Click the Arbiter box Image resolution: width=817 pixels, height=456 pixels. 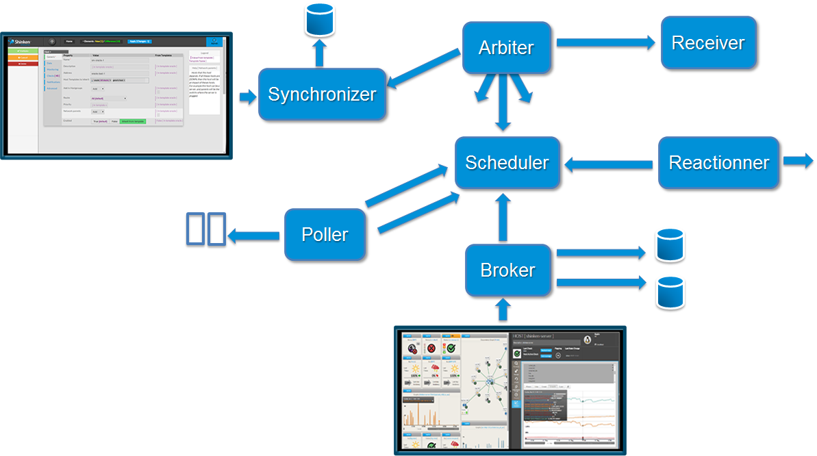[506, 48]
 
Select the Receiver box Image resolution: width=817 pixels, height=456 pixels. [708, 42]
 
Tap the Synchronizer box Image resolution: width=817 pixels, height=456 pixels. [322, 94]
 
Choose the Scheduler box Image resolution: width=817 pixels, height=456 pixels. [507, 163]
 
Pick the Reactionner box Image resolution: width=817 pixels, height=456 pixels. [718, 163]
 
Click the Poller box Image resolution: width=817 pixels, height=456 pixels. [325, 235]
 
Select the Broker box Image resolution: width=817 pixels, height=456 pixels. [507, 270]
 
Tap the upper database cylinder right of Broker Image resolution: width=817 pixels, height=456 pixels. [670, 245]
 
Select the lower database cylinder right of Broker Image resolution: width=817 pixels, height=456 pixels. [670, 293]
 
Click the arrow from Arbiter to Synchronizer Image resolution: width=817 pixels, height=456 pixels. [423, 69]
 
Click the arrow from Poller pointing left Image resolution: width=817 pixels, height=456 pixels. [254, 236]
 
